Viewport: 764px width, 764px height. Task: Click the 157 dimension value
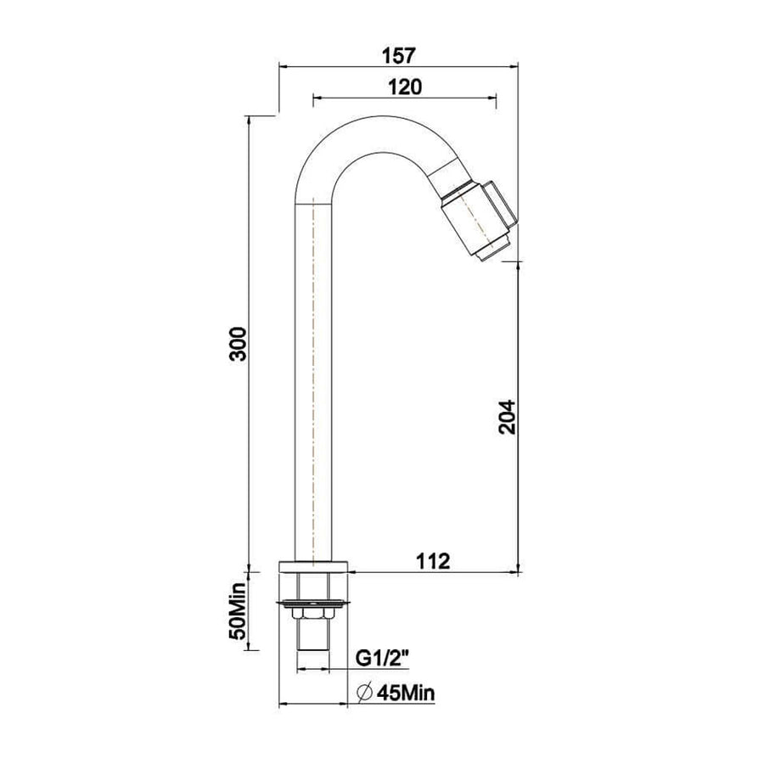coord(399,55)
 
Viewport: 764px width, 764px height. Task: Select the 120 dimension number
coord(404,87)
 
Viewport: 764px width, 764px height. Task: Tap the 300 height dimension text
coord(239,344)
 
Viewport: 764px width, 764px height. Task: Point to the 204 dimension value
coord(507,417)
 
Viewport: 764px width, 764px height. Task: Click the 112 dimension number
coord(433,561)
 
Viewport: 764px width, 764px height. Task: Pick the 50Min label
coord(239,611)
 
